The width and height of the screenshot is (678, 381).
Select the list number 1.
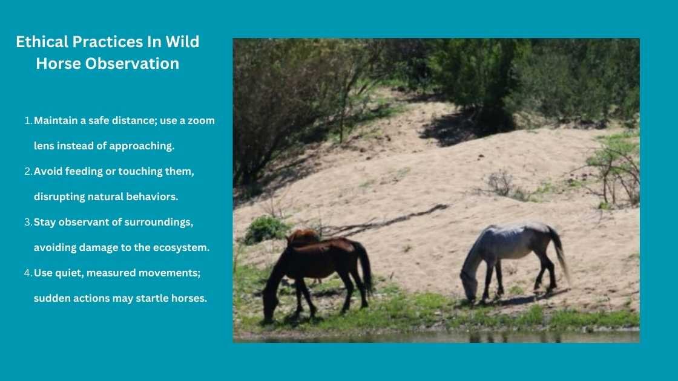[28, 120]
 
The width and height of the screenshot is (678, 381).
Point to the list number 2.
[28, 171]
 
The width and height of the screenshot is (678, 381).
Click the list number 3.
[28, 222]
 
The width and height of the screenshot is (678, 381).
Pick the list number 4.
[28, 273]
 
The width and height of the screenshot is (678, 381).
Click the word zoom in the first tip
[202, 120]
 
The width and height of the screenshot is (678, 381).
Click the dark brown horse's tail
[364, 266]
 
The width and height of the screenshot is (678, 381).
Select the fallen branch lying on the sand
[387, 219]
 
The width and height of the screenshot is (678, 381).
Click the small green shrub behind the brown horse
[265, 229]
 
